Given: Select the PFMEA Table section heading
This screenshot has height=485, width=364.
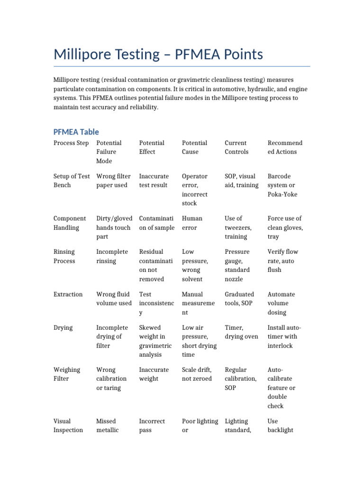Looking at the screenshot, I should click(76, 132).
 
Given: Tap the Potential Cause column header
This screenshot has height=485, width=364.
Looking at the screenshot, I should click(194, 147).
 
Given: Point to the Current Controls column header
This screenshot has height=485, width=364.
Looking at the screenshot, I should click(237, 147).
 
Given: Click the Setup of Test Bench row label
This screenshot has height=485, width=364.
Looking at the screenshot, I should click(72, 180).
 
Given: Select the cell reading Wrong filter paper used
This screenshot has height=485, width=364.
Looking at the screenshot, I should click(113, 180).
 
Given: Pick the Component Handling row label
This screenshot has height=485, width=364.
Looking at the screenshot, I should click(70, 223).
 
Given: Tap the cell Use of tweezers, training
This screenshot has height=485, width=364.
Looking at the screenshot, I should click(236, 227).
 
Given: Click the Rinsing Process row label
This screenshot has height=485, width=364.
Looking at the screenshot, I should click(64, 256).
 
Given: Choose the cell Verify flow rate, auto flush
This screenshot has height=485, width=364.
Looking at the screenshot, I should click(282, 260).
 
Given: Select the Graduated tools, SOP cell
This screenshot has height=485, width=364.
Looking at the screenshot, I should click(239, 298).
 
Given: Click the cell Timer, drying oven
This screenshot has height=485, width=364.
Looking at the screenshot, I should click(241, 332).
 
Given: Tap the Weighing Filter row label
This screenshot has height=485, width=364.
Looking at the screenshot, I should click(67, 374).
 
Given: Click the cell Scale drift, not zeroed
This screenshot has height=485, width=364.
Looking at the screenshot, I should click(197, 374).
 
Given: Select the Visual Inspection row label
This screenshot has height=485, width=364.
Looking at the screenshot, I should click(68, 425).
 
